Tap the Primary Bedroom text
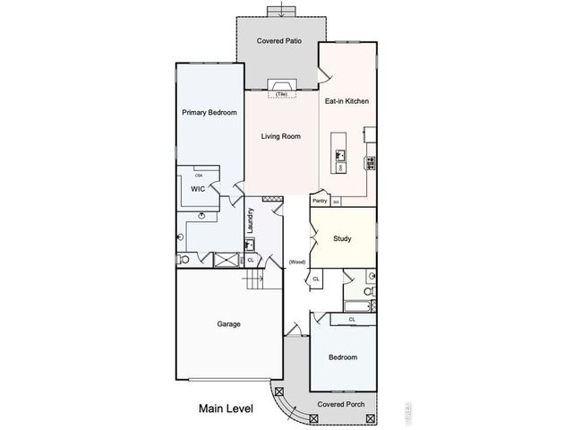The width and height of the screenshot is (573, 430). [x=209, y=113]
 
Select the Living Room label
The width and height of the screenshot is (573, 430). [x=280, y=137]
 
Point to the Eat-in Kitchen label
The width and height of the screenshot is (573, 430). [x=346, y=101]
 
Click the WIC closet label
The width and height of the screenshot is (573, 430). [x=198, y=189]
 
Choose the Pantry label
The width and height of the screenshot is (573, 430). [x=320, y=202]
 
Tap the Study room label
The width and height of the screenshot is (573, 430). [x=341, y=239]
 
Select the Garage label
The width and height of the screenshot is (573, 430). [x=229, y=324]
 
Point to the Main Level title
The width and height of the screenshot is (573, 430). [x=226, y=408]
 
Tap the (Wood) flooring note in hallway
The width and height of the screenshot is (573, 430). [x=297, y=262]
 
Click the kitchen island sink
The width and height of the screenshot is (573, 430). [x=341, y=154]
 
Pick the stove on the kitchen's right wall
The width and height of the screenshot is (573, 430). [x=369, y=162]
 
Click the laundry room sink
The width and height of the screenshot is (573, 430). [x=252, y=244]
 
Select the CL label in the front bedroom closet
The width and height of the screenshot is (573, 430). [x=352, y=319]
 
